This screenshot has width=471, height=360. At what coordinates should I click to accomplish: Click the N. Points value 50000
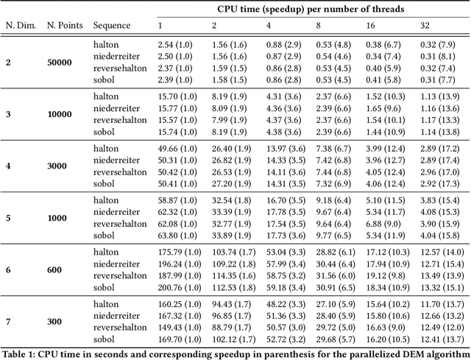[x=60, y=63]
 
